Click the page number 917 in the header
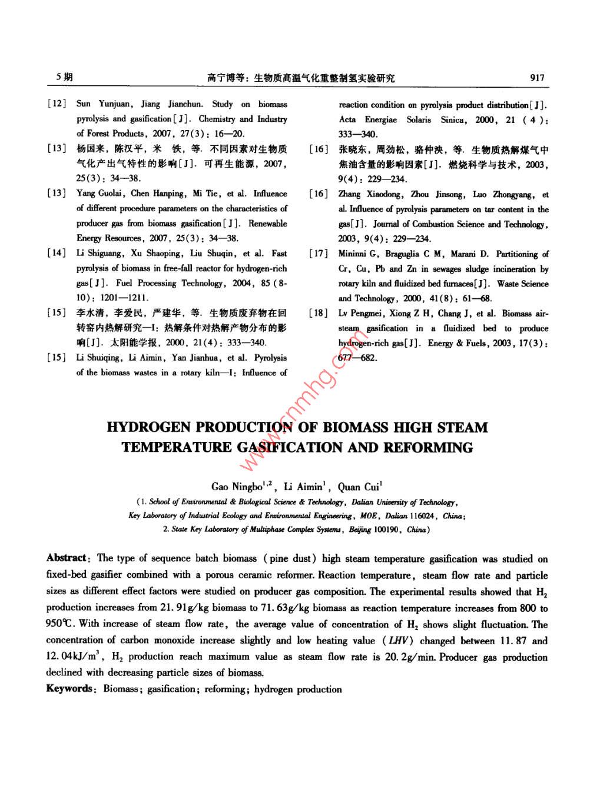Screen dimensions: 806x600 [537, 78]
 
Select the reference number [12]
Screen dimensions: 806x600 [57, 104]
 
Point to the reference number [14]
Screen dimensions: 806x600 [57, 254]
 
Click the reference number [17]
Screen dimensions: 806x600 [319, 254]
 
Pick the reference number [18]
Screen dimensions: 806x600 [319, 314]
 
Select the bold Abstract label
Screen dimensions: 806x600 [67, 558]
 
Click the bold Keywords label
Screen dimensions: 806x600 [69, 689]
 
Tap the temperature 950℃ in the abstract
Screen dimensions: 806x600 [61, 624]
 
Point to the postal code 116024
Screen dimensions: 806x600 [422, 516]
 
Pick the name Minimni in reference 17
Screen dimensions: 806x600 [352, 254]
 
